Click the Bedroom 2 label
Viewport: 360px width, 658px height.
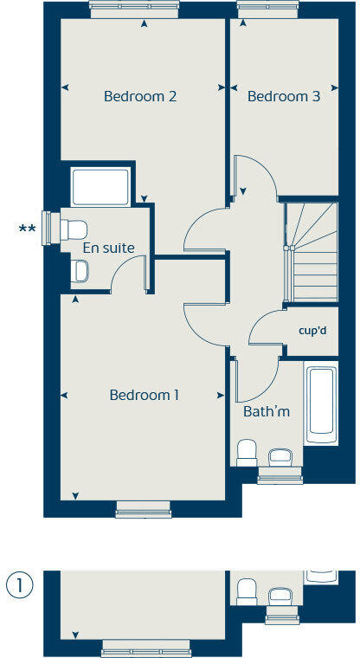(x=140, y=96)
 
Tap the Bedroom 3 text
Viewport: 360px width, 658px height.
(x=284, y=96)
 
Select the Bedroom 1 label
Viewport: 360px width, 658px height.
(x=144, y=395)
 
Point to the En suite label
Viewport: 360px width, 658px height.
(x=108, y=248)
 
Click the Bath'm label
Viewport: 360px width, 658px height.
(x=266, y=411)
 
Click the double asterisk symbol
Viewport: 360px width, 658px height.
(x=27, y=229)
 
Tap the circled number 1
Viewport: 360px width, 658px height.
(x=19, y=585)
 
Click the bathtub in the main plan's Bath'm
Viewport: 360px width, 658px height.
(x=320, y=403)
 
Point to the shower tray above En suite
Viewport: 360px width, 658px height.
(x=100, y=186)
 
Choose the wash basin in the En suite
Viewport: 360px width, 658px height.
(x=80, y=272)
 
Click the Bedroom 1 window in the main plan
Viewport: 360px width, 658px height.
(x=144, y=511)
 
